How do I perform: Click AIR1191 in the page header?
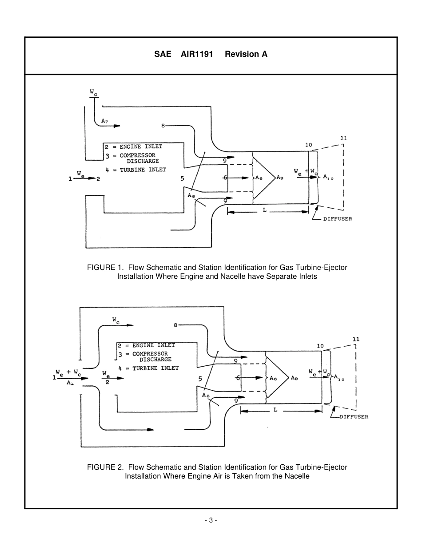(197, 54)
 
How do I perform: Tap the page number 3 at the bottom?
(211, 520)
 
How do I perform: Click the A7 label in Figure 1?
(104, 121)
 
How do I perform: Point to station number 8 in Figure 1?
(163, 126)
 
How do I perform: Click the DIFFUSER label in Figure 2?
(354, 417)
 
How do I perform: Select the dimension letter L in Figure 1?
(265, 210)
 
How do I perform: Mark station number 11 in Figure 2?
(356, 340)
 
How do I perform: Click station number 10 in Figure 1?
(309, 145)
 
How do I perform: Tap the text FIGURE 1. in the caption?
(102, 267)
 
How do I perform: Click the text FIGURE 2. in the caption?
(102, 467)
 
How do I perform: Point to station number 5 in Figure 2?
(200, 379)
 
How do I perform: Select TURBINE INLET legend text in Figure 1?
(143, 170)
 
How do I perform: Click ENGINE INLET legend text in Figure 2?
(153, 345)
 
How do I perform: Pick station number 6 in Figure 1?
(225, 177)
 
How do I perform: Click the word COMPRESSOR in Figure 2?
(150, 354)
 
